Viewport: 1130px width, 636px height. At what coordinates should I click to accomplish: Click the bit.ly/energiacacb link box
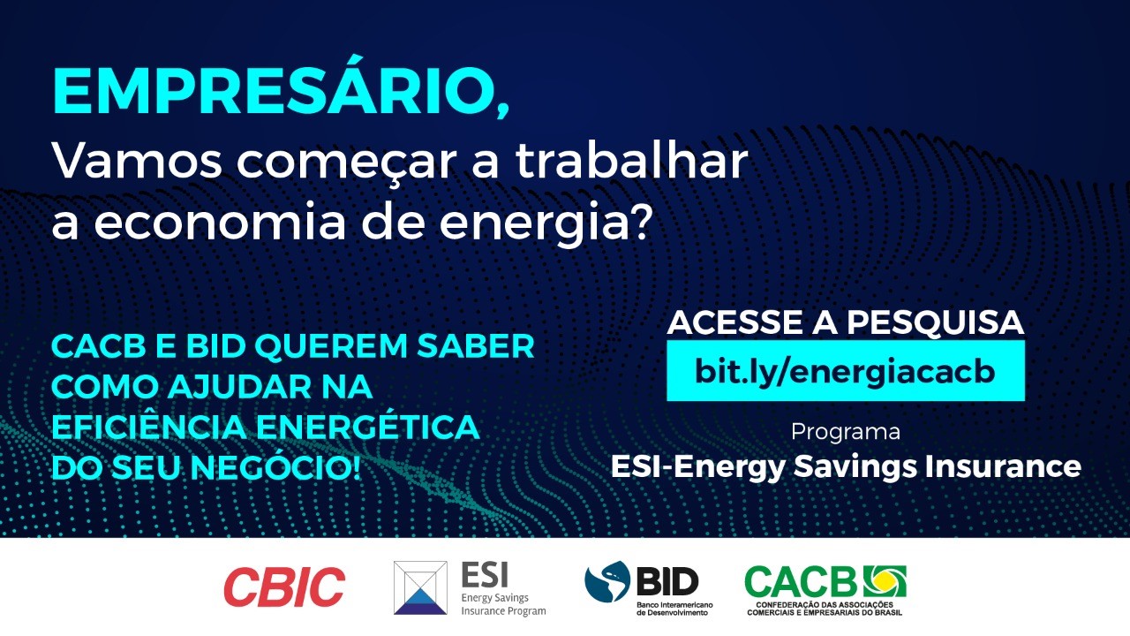tap(846, 371)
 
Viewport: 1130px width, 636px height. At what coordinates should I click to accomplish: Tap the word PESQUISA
tap(935, 322)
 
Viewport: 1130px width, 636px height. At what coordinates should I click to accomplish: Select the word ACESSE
tap(736, 322)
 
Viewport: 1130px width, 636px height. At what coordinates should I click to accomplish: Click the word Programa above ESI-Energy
tap(846, 433)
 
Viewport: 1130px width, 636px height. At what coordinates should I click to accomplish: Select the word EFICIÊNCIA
tap(149, 427)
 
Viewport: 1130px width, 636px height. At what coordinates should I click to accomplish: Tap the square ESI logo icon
tap(420, 587)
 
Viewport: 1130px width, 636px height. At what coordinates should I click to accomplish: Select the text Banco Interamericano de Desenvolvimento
tap(674, 609)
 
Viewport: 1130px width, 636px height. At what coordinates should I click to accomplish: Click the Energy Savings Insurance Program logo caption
tap(503, 604)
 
